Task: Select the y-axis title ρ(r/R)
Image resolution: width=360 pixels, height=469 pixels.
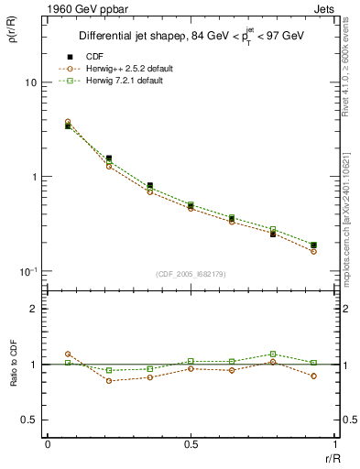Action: [x=21, y=27]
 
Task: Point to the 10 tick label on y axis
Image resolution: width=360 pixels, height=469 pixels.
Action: [x=29, y=82]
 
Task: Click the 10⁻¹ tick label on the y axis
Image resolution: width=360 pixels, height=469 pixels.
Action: [x=27, y=271]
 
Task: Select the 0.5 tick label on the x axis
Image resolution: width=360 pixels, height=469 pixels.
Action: [x=191, y=444]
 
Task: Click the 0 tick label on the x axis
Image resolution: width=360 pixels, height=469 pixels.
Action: [x=48, y=444]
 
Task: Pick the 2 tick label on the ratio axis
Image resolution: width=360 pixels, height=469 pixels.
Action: [x=34, y=309]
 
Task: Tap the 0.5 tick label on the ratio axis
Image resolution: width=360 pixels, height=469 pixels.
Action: [x=30, y=420]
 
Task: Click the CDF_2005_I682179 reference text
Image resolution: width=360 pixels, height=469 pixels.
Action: [x=190, y=275]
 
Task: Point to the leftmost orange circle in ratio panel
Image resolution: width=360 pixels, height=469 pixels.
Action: [x=68, y=354]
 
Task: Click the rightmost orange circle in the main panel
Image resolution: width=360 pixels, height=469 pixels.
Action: [x=313, y=251]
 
